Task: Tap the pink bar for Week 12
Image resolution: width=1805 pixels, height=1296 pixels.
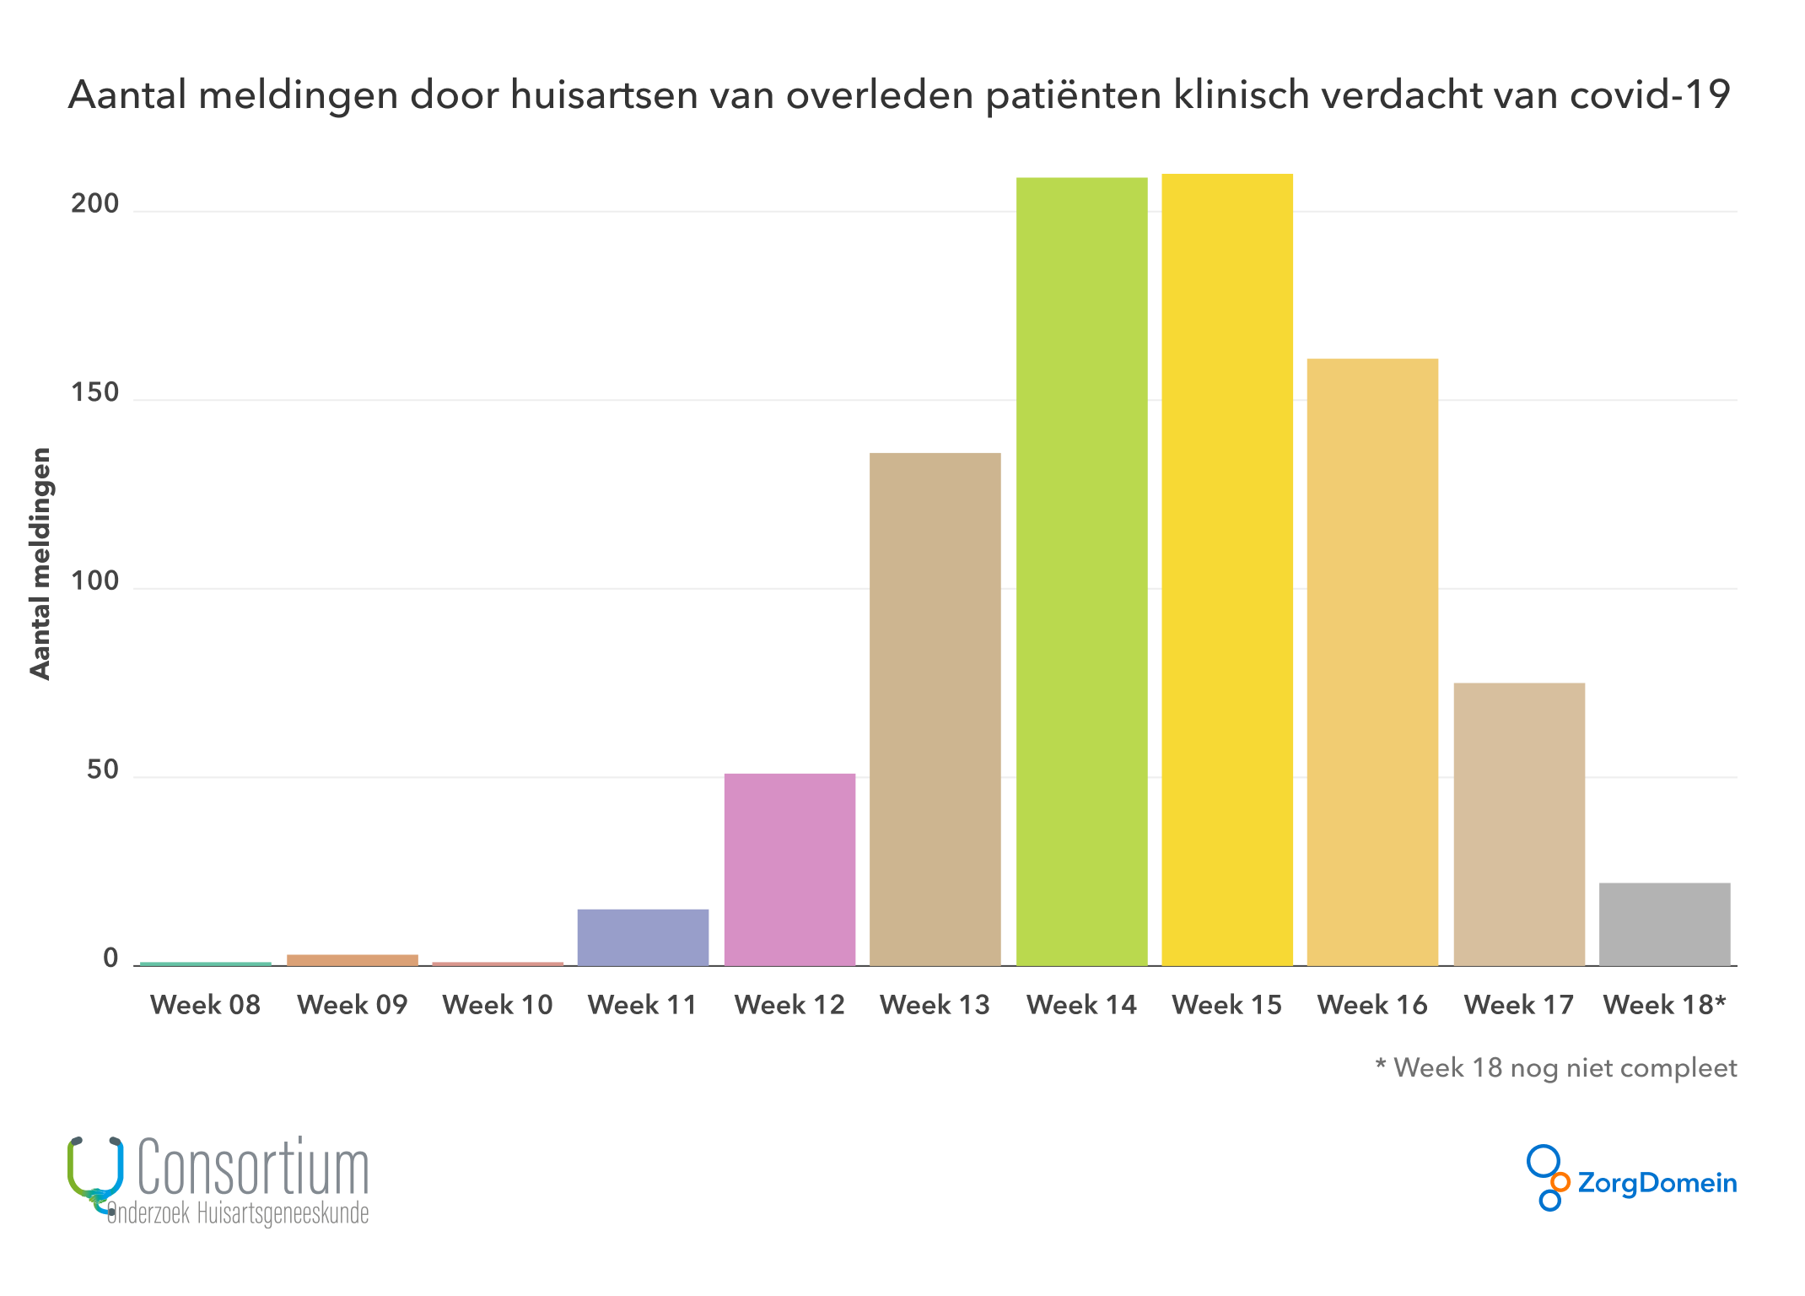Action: click(x=789, y=869)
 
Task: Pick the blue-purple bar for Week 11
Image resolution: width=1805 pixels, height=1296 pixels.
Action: click(x=643, y=937)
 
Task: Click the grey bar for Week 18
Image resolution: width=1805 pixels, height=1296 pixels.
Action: click(x=1664, y=924)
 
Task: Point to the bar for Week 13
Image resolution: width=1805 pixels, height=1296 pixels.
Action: click(x=935, y=709)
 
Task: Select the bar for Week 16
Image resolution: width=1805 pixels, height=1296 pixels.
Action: click(x=1372, y=662)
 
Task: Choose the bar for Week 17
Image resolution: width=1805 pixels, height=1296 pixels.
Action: click(x=1519, y=824)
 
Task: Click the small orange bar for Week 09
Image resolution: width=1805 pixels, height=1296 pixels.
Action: click(x=353, y=960)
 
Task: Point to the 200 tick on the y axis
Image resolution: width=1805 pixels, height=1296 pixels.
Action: click(x=94, y=204)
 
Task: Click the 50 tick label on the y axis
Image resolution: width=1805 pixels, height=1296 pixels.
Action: click(x=102, y=770)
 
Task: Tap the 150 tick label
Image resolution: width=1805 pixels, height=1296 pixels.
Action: click(x=94, y=393)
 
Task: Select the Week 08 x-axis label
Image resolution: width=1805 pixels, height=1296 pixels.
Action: click(x=205, y=1005)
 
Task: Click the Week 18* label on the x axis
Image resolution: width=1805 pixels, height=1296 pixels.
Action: click(x=1664, y=1005)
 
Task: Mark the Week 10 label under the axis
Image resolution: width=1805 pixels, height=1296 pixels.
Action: click(x=498, y=1005)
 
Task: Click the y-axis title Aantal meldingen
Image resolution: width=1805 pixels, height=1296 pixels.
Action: click(x=40, y=564)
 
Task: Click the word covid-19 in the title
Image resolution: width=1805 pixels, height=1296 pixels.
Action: click(x=1650, y=94)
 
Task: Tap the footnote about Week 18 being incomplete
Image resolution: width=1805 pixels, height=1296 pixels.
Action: click(x=1555, y=1068)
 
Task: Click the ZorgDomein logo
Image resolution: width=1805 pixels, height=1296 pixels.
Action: click(x=1631, y=1180)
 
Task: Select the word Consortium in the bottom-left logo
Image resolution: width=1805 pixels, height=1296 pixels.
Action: click(x=253, y=1168)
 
